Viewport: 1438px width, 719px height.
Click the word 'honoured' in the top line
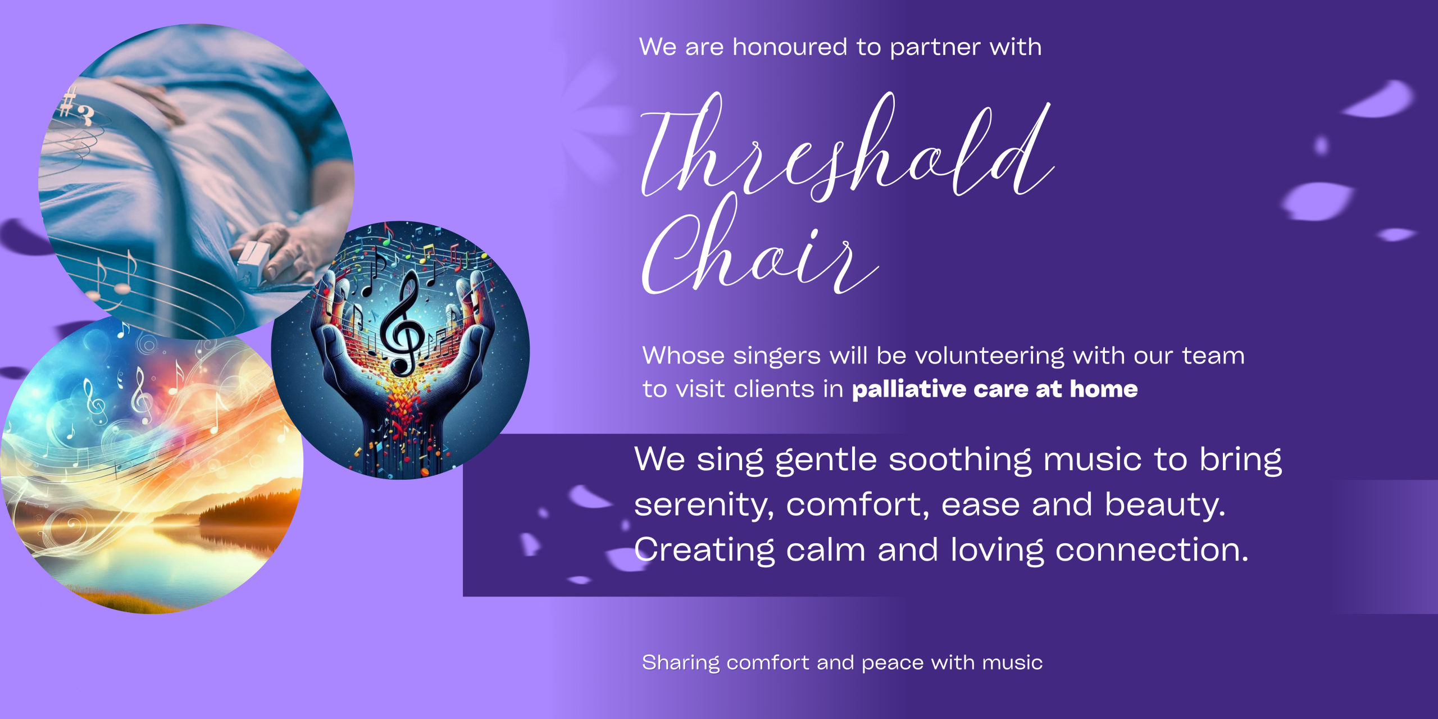[x=790, y=47]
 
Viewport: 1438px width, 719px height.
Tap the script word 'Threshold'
[x=847, y=147]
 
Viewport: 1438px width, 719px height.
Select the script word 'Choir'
[x=759, y=244]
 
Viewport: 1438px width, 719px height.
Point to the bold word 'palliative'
[x=909, y=389]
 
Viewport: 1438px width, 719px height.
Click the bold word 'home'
[x=1104, y=389]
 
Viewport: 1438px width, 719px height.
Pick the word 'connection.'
[x=1152, y=550]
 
